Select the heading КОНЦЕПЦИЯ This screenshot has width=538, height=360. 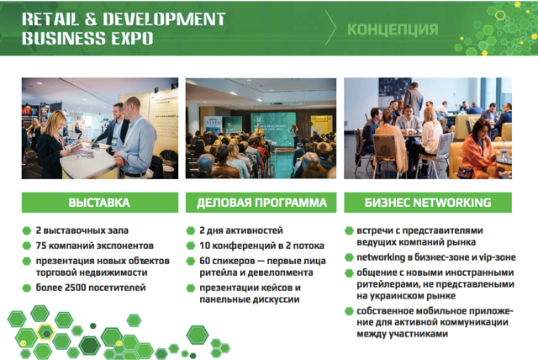[392, 29]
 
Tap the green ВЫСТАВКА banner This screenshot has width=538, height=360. [99, 203]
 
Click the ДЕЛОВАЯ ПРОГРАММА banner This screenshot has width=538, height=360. [261, 203]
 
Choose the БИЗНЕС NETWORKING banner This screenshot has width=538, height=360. [427, 203]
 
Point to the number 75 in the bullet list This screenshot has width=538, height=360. [40, 245]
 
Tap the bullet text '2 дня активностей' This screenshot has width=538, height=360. [240, 230]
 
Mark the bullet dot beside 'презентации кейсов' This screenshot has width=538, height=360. [190, 288]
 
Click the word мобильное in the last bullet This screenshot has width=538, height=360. [434, 310]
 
